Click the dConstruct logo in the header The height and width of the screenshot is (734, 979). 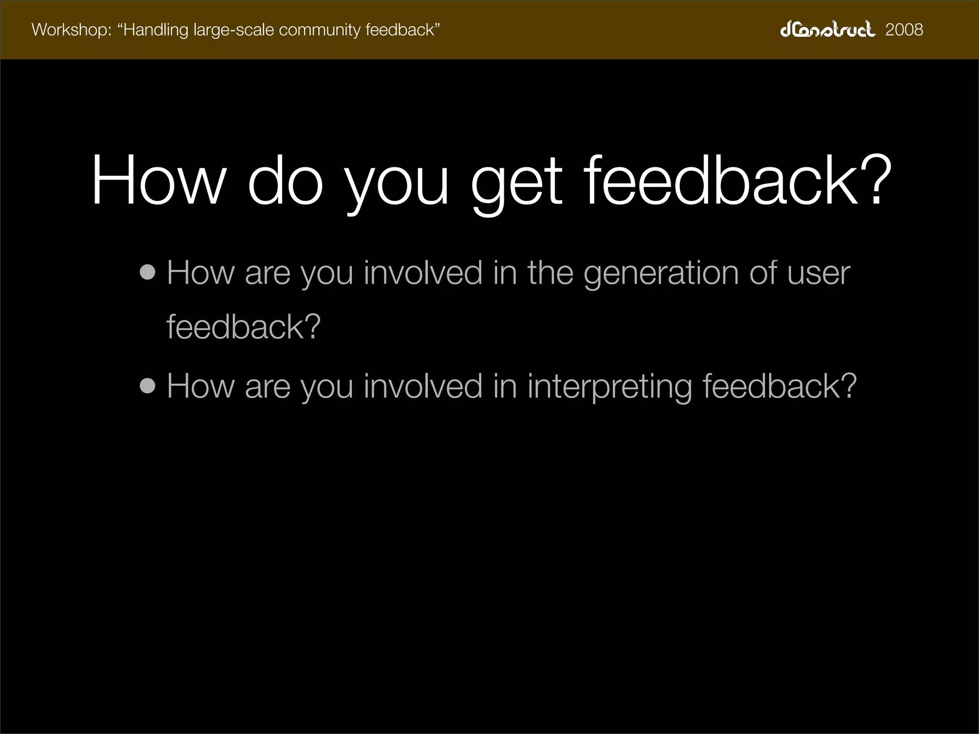[827, 30]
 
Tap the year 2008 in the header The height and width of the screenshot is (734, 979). [904, 30]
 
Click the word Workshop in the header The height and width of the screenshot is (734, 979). [71, 30]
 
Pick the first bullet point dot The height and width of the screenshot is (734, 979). [148, 272]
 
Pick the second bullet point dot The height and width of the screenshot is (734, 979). [148, 386]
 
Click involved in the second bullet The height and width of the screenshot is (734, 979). [423, 386]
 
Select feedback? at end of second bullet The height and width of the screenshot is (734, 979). [779, 386]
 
